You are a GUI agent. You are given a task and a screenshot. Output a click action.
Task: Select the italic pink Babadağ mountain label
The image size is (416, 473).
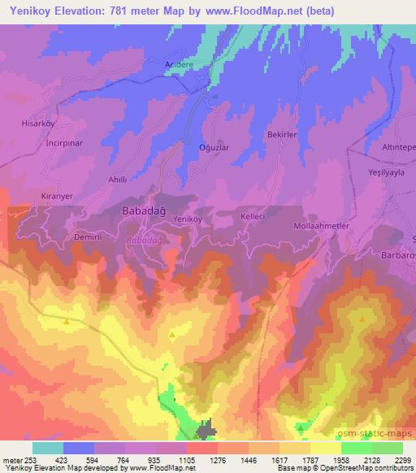[144, 241]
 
